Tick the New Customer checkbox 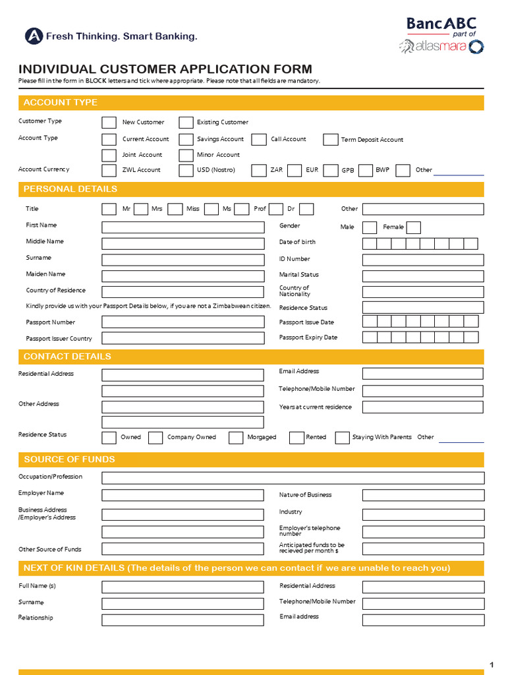[x=109, y=123]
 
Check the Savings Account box [x=186, y=139]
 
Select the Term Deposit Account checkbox [x=330, y=139]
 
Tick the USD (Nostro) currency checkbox [x=186, y=170]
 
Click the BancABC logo [x=441, y=24]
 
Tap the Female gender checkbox [x=413, y=227]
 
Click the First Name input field [x=183, y=227]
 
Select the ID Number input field [x=422, y=260]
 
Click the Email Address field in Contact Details [x=422, y=374]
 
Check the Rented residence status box [x=296, y=438]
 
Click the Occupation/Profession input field [x=293, y=478]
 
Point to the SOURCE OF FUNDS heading [x=69, y=459]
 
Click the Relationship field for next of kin [x=183, y=620]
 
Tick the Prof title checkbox [x=276, y=210]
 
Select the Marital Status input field [x=422, y=276]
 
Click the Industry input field [x=422, y=513]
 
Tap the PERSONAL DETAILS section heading [x=70, y=189]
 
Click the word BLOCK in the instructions [x=96, y=81]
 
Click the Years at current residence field [x=422, y=407]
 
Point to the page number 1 [x=491, y=664]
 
